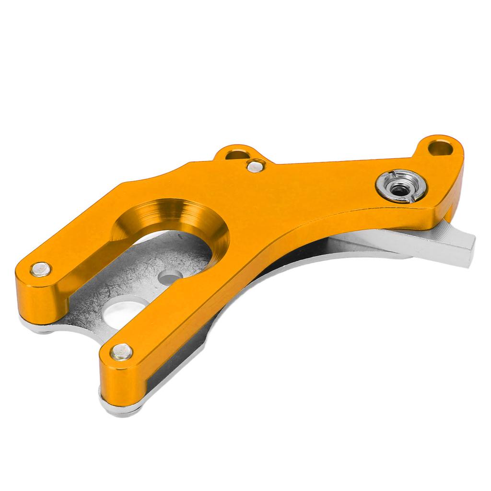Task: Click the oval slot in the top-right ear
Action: (x=441, y=147)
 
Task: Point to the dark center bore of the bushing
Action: (x=400, y=189)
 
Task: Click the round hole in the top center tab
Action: (x=236, y=154)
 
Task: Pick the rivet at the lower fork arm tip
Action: (x=121, y=351)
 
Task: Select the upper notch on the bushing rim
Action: (x=393, y=173)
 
